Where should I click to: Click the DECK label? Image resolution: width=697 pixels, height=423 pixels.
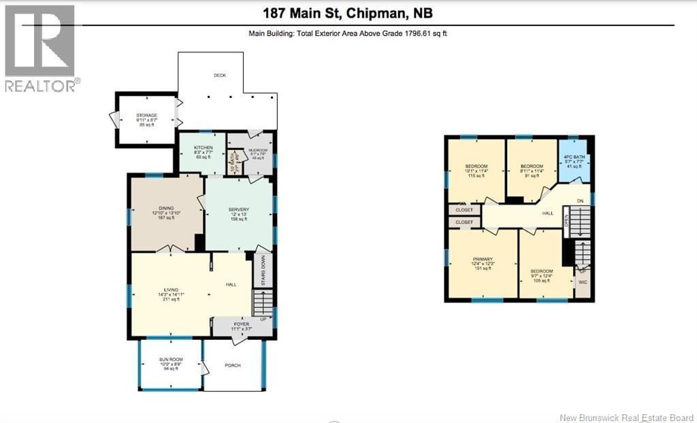pos(219,76)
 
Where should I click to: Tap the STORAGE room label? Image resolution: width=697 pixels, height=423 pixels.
pos(146,116)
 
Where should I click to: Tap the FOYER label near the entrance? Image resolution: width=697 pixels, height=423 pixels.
pos(242,324)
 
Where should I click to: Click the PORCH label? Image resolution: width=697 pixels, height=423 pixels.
pos(232,365)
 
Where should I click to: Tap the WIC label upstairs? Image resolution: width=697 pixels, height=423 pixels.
pos(582,281)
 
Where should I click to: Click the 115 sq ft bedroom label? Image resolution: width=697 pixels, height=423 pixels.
pos(476,167)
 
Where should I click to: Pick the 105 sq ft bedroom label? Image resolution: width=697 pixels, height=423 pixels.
pos(542,271)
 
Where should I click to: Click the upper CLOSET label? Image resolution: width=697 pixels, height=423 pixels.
pos(464,210)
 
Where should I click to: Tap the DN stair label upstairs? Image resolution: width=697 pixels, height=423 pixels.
pos(580,200)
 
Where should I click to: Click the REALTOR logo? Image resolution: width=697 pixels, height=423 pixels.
pos(41,48)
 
